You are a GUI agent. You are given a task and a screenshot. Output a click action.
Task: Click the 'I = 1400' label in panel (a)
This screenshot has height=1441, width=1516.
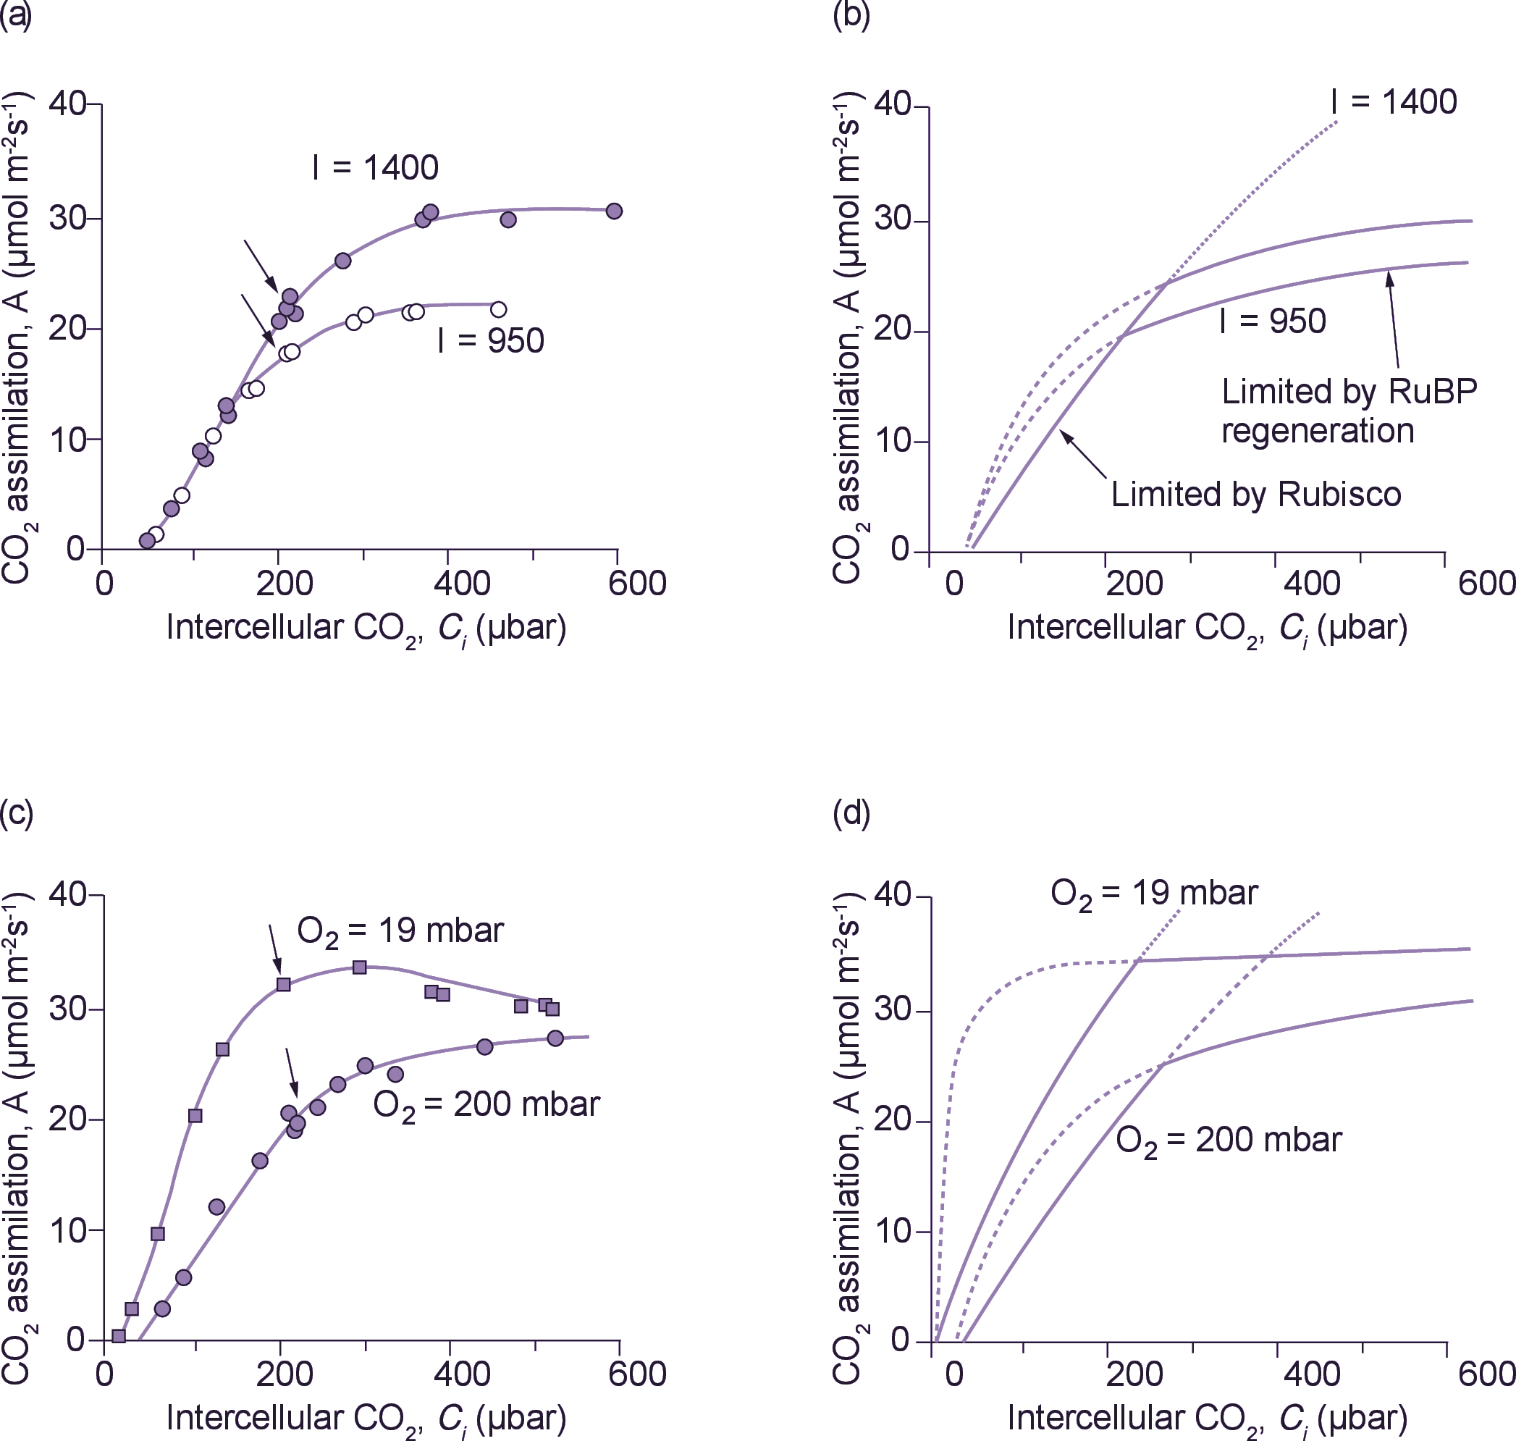376,168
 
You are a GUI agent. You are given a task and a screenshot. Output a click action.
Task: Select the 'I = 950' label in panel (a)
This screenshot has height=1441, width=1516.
490,341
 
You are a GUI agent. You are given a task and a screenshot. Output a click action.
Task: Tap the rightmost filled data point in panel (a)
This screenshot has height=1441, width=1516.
614,211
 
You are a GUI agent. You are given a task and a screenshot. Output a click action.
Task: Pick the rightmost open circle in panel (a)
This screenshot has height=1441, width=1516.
498,309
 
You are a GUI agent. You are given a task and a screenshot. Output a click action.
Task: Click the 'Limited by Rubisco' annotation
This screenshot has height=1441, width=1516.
1255,495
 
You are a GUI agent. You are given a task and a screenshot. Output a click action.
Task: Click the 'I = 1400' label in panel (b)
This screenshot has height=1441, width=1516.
1394,102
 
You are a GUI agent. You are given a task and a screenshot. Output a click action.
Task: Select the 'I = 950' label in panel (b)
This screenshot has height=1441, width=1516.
1273,322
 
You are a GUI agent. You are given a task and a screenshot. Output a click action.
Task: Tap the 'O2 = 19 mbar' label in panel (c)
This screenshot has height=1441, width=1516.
400,932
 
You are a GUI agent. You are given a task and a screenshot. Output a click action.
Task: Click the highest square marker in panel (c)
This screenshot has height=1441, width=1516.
359,967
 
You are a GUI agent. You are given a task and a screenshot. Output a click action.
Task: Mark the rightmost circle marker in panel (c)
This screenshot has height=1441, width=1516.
555,1038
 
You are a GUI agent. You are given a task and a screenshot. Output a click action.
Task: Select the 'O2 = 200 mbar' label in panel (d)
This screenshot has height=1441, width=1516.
1229,1140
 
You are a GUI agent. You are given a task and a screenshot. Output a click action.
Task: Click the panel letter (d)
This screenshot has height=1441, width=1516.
851,813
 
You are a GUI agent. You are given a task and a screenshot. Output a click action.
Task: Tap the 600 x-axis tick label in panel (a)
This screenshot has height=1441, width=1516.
636,584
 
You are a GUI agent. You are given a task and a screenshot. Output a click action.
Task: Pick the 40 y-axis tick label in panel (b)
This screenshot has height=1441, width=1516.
892,104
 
